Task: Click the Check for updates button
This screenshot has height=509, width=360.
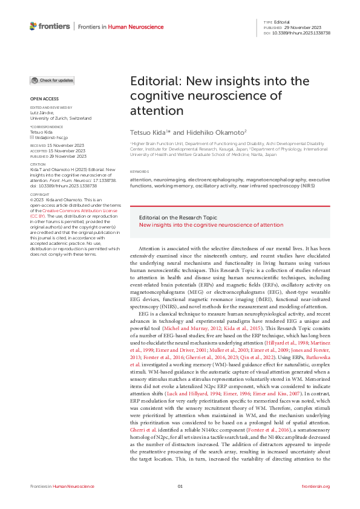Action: (x=52, y=80)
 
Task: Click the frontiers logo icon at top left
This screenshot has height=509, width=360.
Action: (x=33, y=26)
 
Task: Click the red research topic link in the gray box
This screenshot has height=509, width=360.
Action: (x=211, y=224)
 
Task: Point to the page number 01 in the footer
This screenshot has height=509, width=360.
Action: (x=180, y=487)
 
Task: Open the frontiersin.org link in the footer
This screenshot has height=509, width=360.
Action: (x=315, y=487)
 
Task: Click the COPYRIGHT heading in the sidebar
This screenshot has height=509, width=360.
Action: (x=41, y=178)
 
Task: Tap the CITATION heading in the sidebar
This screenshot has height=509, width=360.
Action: (x=38, y=164)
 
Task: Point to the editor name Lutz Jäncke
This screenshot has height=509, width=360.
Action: (x=42, y=112)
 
